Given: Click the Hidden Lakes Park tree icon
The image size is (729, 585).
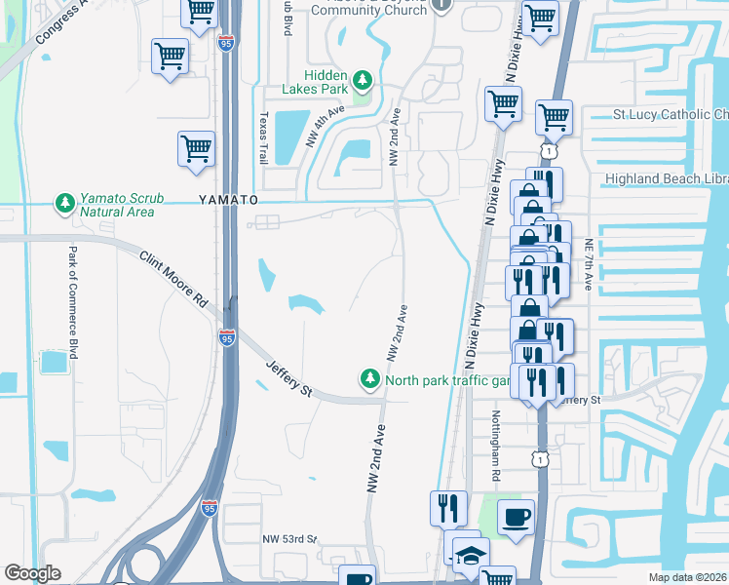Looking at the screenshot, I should point(363,79).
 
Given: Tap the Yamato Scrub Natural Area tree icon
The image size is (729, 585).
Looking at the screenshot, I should point(65,203).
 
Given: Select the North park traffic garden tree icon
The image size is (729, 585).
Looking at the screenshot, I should point(369,377).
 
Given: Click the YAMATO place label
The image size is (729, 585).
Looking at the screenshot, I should point(230,199).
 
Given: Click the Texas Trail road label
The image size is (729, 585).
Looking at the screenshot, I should point(263,136).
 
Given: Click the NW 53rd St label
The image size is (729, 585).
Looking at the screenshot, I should point(290,538).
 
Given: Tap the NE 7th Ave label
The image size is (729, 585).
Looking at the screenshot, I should point(589,265).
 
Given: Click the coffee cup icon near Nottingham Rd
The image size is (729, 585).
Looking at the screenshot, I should point(516,515).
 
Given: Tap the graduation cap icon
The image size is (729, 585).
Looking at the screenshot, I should point(470,552).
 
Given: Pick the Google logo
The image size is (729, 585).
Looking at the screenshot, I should point(32,573).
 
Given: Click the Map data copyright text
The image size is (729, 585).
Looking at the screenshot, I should point(687,577).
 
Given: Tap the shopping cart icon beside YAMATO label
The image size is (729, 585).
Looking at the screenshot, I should point(196,148).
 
